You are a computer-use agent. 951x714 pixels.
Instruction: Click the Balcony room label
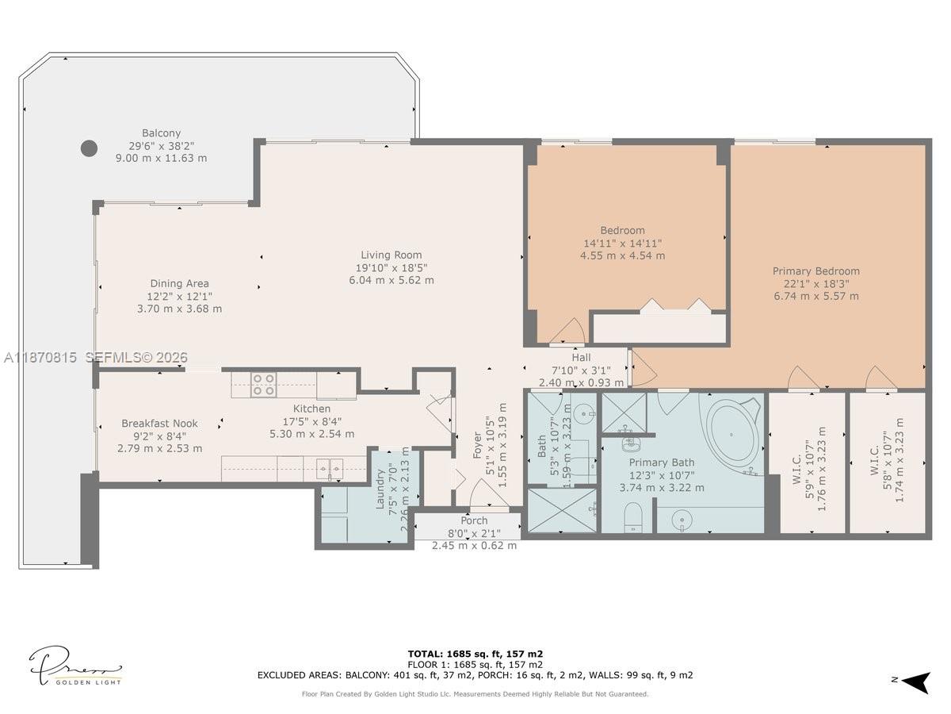[162, 133]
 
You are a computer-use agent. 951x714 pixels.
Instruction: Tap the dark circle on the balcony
[90, 148]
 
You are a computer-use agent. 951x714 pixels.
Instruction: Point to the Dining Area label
[180, 283]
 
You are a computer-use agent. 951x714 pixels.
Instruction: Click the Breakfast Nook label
[159, 424]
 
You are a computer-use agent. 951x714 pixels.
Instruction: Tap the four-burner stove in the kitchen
[263, 385]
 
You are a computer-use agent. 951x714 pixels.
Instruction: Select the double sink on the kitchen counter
[328, 469]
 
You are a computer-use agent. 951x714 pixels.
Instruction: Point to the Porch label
[475, 520]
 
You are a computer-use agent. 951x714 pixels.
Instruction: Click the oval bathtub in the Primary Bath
[732, 432]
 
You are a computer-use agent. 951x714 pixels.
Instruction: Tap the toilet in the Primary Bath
[634, 516]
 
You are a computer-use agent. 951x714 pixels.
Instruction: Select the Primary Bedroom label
[815, 271]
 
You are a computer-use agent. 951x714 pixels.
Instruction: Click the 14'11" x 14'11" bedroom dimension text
[622, 244]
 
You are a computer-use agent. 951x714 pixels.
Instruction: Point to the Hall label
[581, 358]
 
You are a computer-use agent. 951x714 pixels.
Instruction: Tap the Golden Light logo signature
[76, 667]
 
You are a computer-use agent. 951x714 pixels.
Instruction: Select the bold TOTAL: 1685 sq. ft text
[475, 654]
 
